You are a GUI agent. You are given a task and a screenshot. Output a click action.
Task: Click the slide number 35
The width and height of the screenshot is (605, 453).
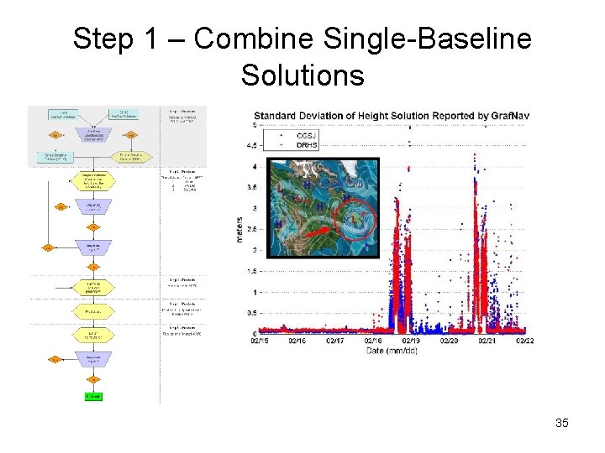tap(562, 423)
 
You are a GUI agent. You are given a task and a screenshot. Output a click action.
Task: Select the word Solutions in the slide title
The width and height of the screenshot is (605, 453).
tap(302, 75)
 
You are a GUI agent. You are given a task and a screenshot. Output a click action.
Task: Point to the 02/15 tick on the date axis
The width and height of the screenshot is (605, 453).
tap(260, 341)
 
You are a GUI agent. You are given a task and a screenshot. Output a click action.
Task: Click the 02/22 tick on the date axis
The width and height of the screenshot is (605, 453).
tap(525, 341)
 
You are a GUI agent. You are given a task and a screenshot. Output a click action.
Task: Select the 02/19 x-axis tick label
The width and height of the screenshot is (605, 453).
tap(411, 341)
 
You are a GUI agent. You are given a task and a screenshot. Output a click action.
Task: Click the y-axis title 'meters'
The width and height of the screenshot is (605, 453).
tap(239, 230)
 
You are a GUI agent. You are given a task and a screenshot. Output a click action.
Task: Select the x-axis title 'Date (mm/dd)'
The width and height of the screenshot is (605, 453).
tap(392, 351)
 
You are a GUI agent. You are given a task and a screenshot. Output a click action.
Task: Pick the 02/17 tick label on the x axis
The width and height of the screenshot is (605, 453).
tap(334, 341)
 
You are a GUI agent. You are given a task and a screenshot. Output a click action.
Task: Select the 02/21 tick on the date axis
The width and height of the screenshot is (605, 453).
tap(487, 341)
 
